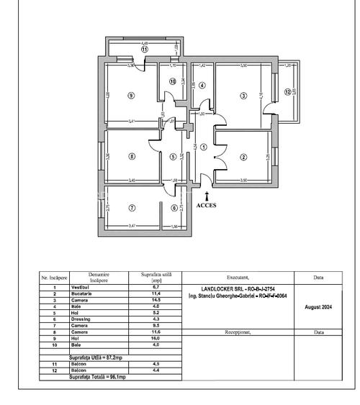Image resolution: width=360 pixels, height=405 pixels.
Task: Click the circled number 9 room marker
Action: click(x=130, y=95)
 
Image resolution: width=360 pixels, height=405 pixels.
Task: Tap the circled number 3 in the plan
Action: click(x=244, y=95)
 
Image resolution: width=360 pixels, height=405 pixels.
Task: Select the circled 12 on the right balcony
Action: click(x=287, y=92)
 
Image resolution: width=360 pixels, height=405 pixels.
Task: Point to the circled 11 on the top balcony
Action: click(x=144, y=49)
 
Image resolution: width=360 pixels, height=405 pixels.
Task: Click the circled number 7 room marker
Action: click(x=131, y=209)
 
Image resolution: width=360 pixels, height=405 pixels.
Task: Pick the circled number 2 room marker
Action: click(x=244, y=156)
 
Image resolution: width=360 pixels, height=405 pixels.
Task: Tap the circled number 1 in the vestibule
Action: click(x=204, y=147)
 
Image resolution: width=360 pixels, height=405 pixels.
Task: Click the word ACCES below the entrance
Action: click(x=207, y=204)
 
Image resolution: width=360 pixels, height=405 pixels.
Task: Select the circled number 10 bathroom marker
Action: click(x=173, y=81)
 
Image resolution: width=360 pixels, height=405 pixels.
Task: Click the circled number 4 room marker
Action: click(x=202, y=86)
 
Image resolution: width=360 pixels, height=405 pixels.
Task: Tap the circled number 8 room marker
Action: click(x=131, y=156)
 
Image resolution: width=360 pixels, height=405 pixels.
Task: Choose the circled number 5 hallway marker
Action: click(x=173, y=156)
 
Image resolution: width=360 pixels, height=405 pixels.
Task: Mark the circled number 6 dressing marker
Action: click(x=173, y=209)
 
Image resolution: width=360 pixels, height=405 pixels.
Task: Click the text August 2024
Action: click(x=318, y=306)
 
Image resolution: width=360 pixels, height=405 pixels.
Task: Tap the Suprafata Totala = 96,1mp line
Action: click(x=97, y=376)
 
